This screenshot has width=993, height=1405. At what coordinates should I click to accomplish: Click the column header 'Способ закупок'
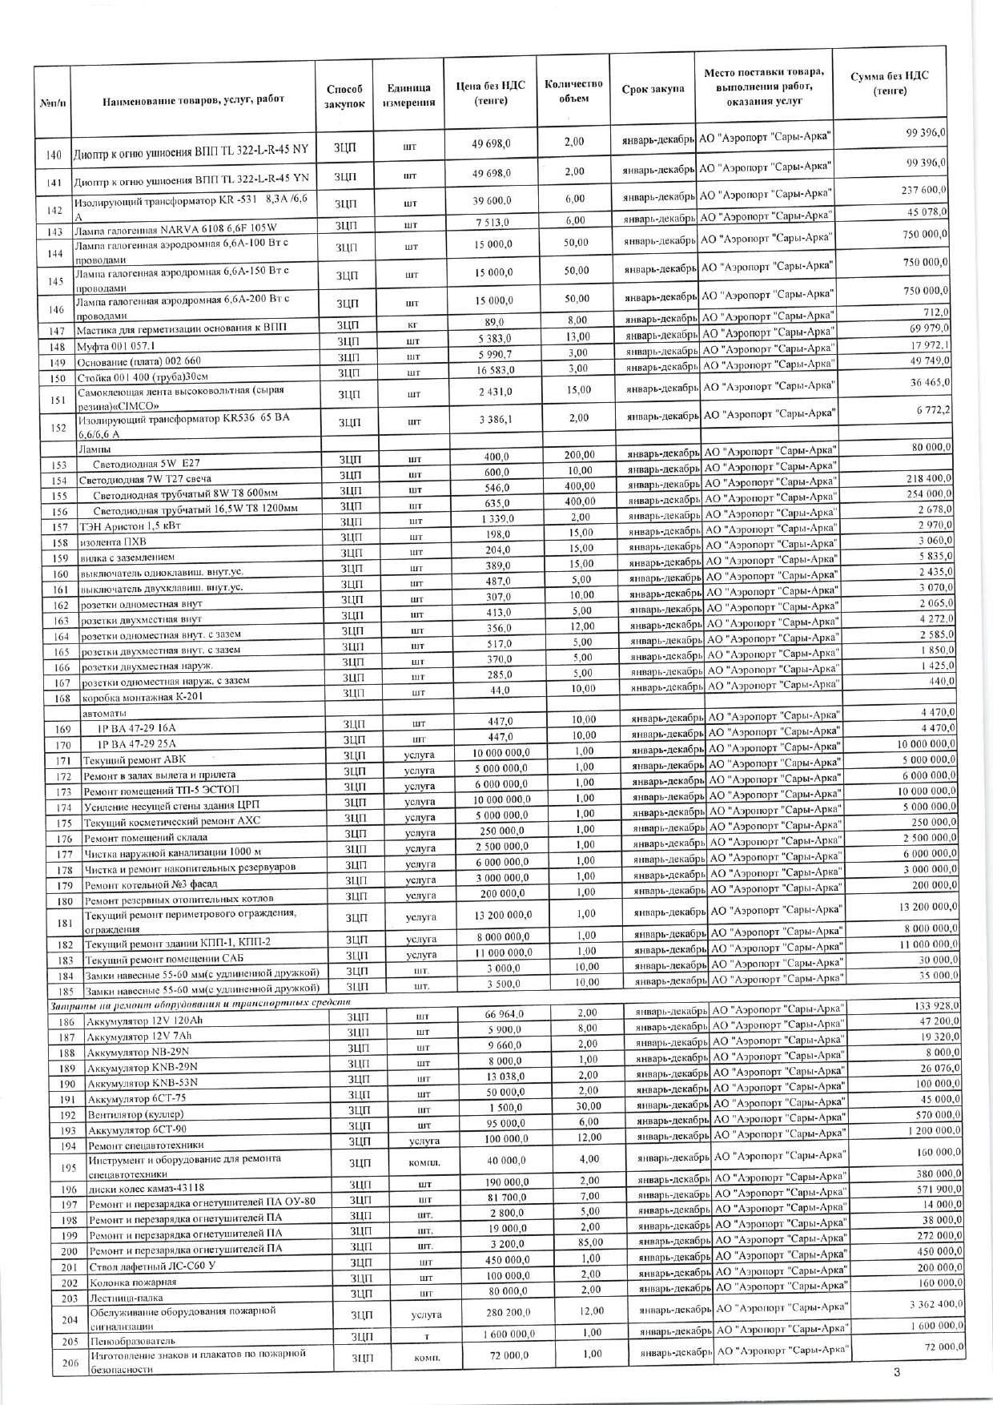(344, 96)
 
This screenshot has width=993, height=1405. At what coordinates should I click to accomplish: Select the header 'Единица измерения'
(408, 96)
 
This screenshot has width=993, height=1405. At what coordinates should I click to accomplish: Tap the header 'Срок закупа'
(653, 89)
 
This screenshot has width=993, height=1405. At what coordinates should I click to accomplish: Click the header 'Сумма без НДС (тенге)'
(889, 83)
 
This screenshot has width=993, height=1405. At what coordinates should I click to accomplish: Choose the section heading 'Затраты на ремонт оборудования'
(200, 1004)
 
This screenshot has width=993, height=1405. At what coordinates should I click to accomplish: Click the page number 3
(897, 1373)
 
